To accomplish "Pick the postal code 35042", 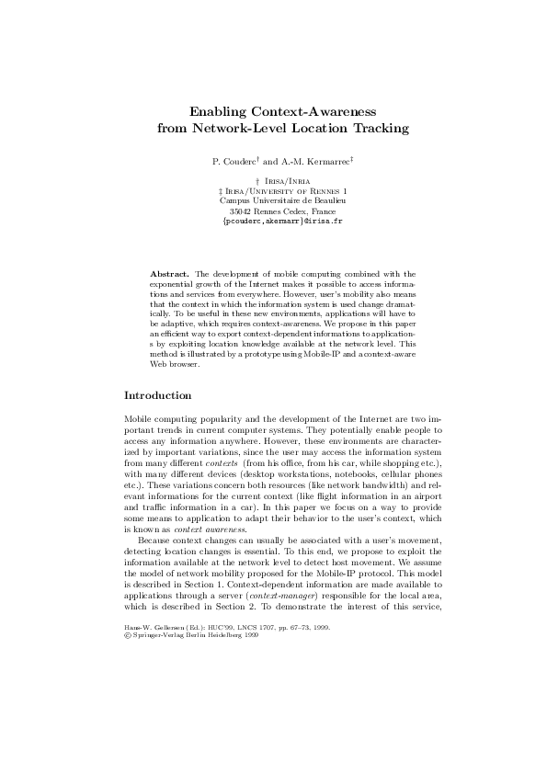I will tap(242, 211).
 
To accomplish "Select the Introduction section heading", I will tap(157, 396).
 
